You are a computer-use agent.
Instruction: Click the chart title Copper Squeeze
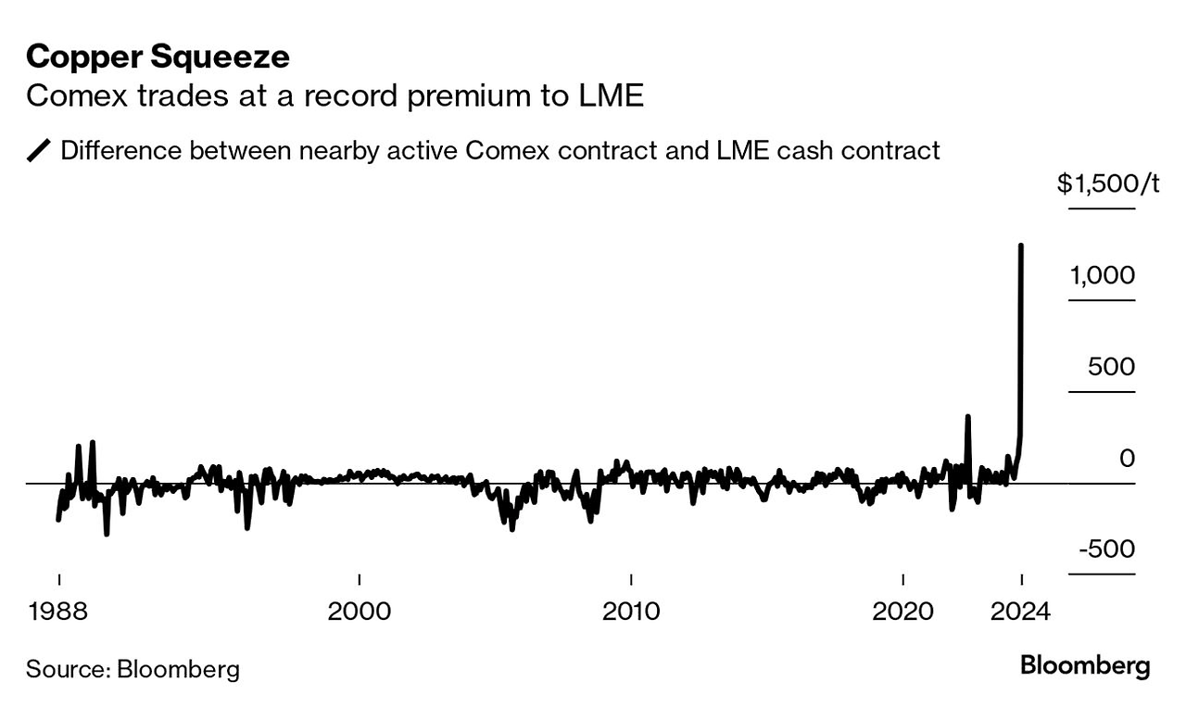(158, 57)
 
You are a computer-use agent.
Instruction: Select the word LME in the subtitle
(612, 96)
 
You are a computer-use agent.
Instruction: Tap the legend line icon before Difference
(39, 150)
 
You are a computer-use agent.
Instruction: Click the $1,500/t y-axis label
(1108, 183)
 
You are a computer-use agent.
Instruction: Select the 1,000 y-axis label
(1103, 275)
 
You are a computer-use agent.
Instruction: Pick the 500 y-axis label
(1112, 367)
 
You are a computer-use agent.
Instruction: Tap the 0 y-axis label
(1127, 458)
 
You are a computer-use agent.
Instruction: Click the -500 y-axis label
(1107, 549)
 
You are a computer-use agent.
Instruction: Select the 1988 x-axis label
(58, 612)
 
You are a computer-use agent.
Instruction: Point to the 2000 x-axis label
(359, 612)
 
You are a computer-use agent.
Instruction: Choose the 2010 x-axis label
(631, 612)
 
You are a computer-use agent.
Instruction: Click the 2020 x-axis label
(903, 612)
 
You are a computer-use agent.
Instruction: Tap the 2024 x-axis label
(1021, 612)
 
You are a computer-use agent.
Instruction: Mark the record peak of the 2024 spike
(1021, 246)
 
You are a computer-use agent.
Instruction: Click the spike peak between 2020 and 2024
(967, 417)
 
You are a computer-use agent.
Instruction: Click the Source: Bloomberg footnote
(132, 669)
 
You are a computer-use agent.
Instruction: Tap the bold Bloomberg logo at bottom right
(1085, 665)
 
